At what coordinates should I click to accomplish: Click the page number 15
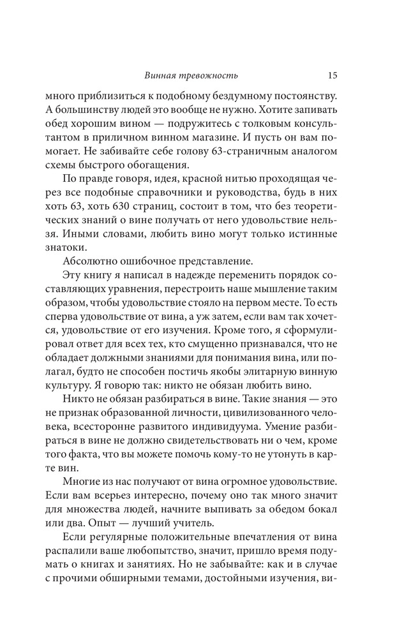(333, 75)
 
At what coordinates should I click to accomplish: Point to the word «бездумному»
(246, 96)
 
